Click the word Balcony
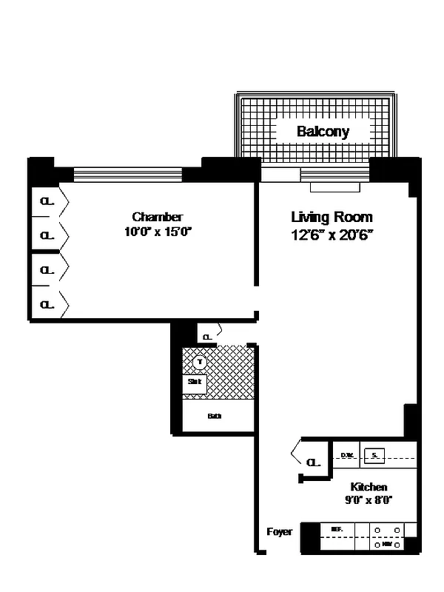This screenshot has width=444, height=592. coord(323,132)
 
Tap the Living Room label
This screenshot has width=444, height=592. coord(332,218)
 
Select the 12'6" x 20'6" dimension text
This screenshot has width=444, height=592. coord(332,235)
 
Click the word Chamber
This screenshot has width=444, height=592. coord(158,217)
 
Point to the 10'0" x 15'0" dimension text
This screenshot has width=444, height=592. coord(158,232)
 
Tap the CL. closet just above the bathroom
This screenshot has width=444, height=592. coord(208,337)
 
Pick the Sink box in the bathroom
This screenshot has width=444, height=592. coord(195,383)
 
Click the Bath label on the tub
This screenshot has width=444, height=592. coord(215,416)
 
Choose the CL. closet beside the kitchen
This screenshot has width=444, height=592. coord(313,462)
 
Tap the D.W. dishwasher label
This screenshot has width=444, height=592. coord(346,456)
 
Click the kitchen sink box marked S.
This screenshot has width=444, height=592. coord(374,456)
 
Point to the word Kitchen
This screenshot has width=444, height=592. coord(369,487)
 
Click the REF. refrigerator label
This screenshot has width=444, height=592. coord(337,530)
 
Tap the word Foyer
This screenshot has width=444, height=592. coord(279,532)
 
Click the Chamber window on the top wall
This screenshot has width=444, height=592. coord(128,175)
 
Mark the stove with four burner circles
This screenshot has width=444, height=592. coord(388,537)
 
